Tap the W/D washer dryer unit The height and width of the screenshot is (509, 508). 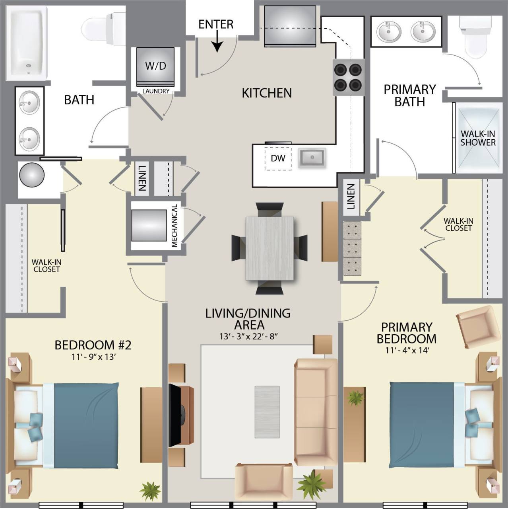click(x=155, y=66)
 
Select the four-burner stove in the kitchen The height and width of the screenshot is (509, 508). click(x=348, y=77)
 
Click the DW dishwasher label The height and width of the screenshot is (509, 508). click(x=278, y=158)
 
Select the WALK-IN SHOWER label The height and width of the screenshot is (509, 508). click(x=478, y=138)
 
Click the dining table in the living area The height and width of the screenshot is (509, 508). click(x=270, y=248)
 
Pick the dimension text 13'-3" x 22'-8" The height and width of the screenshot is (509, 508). click(x=248, y=337)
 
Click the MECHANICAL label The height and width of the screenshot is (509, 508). click(x=174, y=226)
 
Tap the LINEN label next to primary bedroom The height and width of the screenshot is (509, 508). click(x=351, y=196)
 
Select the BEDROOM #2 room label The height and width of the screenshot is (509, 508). click(x=93, y=345)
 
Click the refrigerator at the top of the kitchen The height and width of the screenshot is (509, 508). click(x=290, y=26)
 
